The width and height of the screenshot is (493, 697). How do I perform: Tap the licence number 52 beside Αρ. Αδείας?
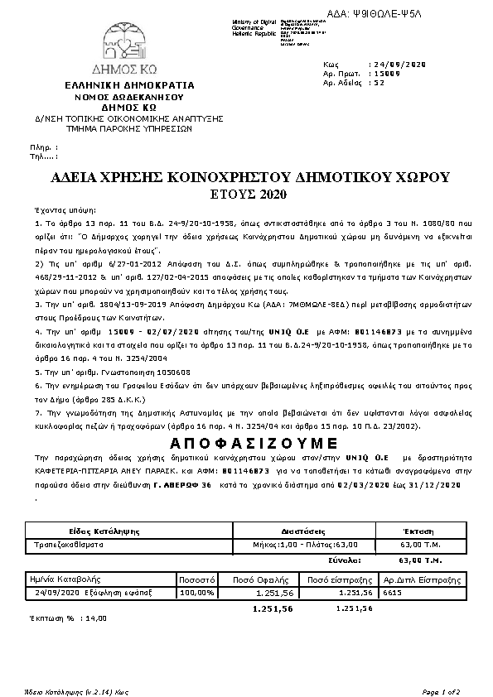click(x=379, y=83)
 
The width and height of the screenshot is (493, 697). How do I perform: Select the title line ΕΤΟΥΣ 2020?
click(x=249, y=195)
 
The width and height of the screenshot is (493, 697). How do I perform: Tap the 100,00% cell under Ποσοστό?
click(x=197, y=593)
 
